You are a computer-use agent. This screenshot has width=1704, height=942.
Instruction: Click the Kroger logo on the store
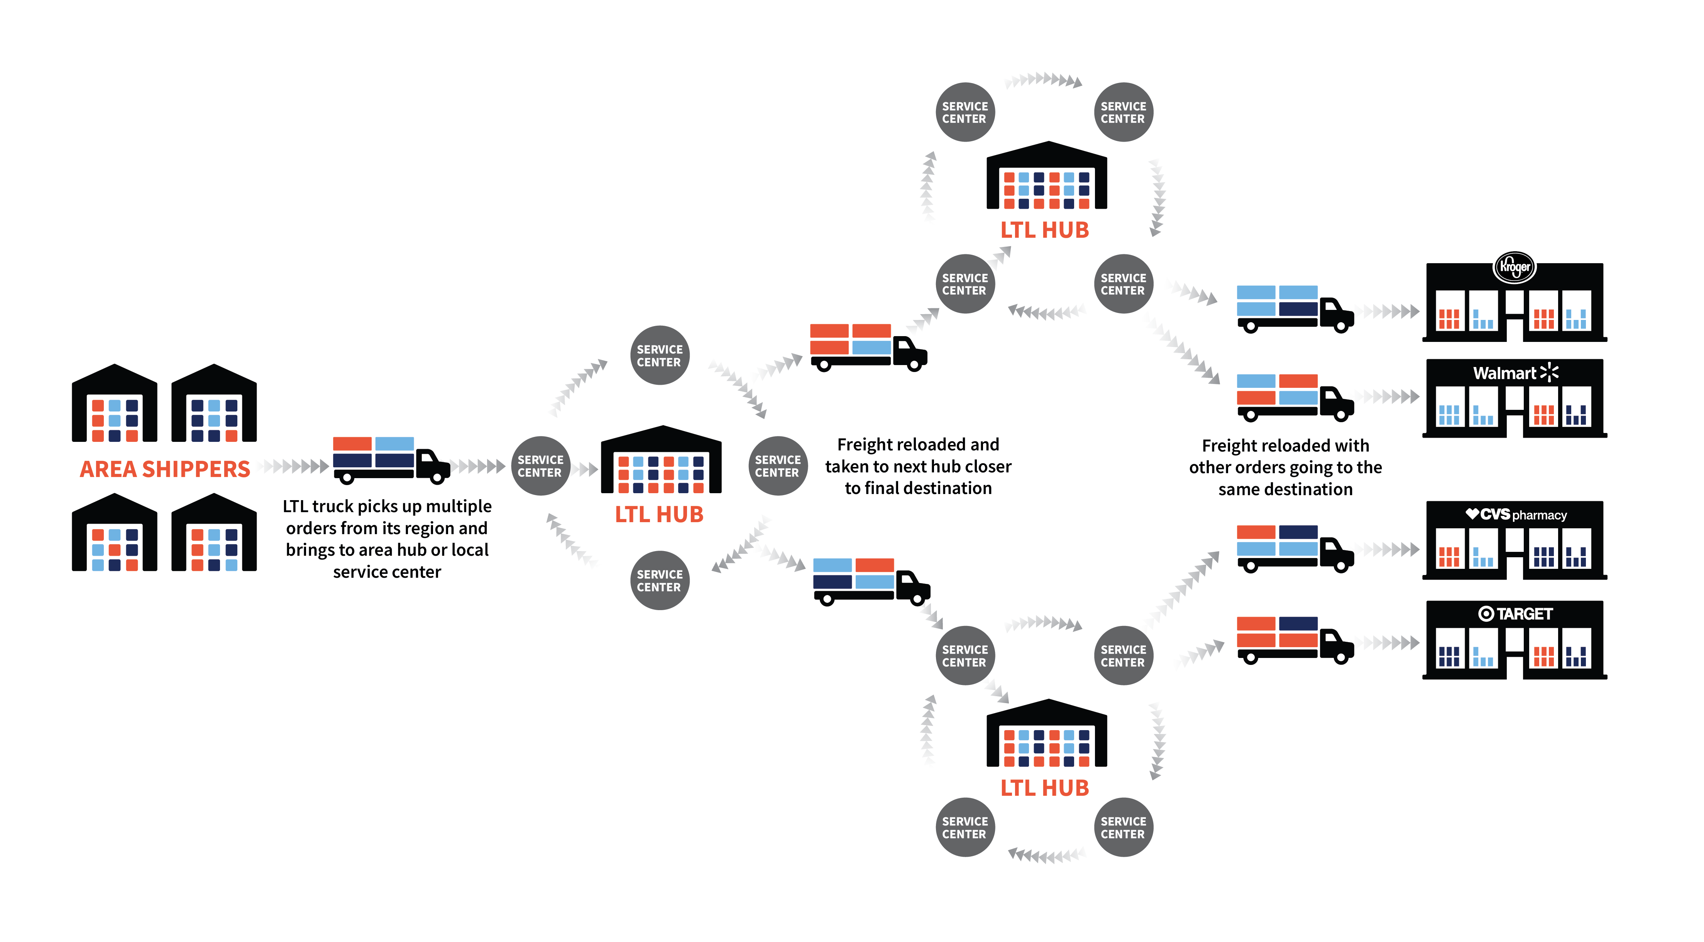pyautogui.click(x=1515, y=267)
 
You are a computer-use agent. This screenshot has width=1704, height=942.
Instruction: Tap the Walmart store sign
pyautogui.click(x=1515, y=373)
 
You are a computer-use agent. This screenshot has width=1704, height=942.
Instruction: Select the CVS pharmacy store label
pyautogui.click(x=1516, y=515)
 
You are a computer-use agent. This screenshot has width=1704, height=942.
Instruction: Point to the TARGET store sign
pyautogui.click(x=1515, y=614)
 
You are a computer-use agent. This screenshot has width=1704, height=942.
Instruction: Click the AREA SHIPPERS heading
pyautogui.click(x=165, y=469)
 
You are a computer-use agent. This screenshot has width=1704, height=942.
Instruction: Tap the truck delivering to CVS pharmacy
pyautogui.click(x=1295, y=548)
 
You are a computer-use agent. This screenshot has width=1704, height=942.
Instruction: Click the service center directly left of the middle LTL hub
pyautogui.click(x=540, y=466)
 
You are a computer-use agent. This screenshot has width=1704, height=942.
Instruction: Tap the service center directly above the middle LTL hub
pyautogui.click(x=660, y=355)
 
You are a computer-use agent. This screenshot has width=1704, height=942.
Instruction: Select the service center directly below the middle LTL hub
pyautogui.click(x=660, y=580)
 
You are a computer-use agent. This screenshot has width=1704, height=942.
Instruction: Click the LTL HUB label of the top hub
pyautogui.click(x=1044, y=230)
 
